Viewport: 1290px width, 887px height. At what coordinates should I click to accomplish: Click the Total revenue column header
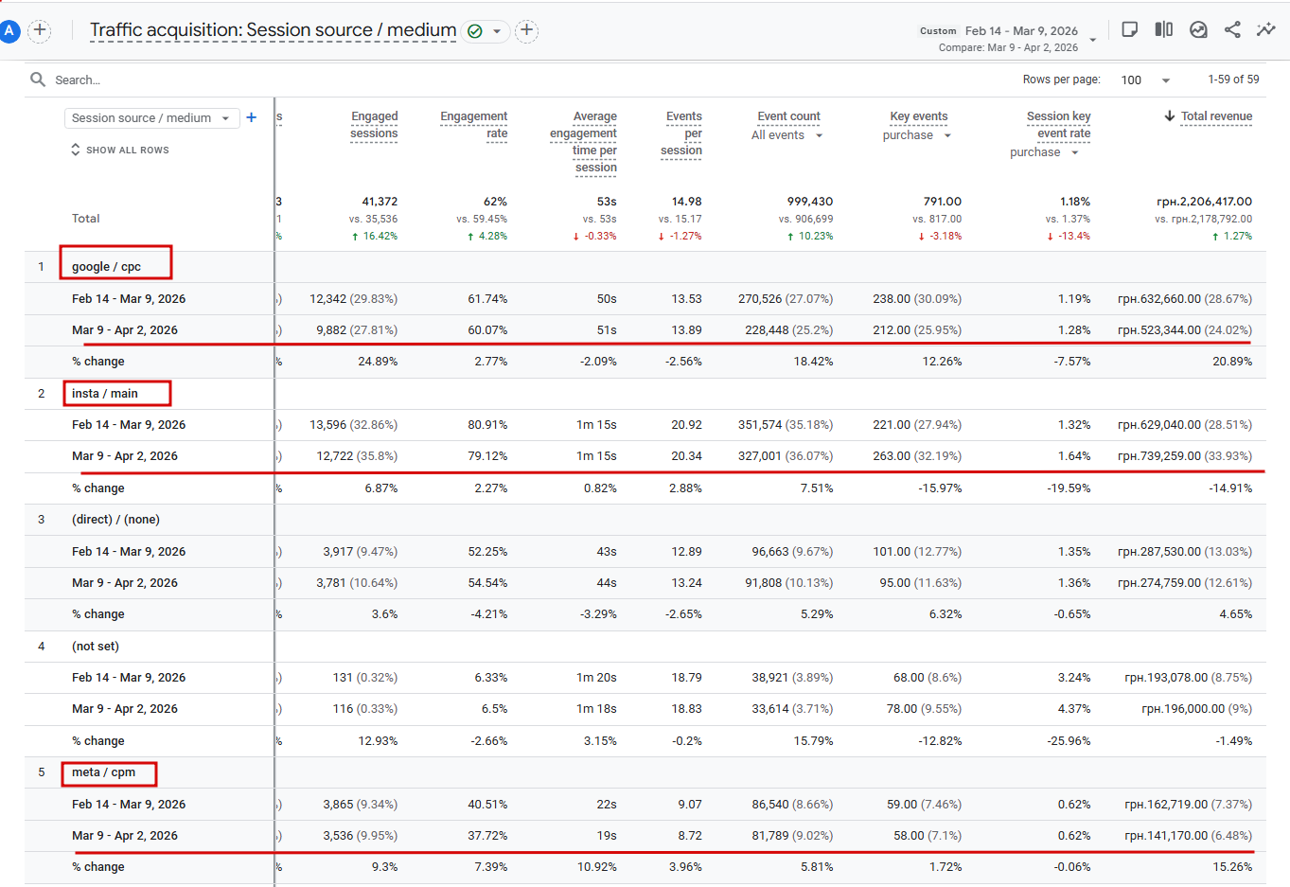[1215, 116]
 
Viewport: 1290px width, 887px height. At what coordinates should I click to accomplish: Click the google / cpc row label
[106, 267]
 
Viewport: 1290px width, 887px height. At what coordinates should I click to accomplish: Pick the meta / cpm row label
[103, 772]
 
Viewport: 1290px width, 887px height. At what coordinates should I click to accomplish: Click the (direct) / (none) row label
[115, 520]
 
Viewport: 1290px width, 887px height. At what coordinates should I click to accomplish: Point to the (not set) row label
[96, 647]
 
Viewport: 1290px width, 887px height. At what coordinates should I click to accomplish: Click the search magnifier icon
[38, 80]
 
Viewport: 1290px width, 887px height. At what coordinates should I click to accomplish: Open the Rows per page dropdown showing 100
[1145, 80]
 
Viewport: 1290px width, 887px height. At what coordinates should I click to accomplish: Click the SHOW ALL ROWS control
[120, 150]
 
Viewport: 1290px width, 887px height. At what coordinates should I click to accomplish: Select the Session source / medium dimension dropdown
[150, 118]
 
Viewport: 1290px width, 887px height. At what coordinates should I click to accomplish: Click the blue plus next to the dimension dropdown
[252, 117]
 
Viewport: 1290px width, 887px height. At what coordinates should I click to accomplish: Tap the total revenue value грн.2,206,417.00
[1204, 202]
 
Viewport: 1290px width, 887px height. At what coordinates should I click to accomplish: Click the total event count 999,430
[809, 202]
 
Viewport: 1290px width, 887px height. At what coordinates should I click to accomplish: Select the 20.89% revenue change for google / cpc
[1231, 362]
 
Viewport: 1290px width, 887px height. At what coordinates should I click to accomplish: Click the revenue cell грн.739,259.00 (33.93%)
[1184, 456]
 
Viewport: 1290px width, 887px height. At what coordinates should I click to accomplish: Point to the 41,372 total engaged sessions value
[380, 202]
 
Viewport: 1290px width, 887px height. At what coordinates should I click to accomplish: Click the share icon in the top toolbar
[1231, 29]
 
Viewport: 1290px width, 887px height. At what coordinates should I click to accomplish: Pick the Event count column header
[788, 116]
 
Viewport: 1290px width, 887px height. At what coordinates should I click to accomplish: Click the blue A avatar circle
[9, 30]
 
